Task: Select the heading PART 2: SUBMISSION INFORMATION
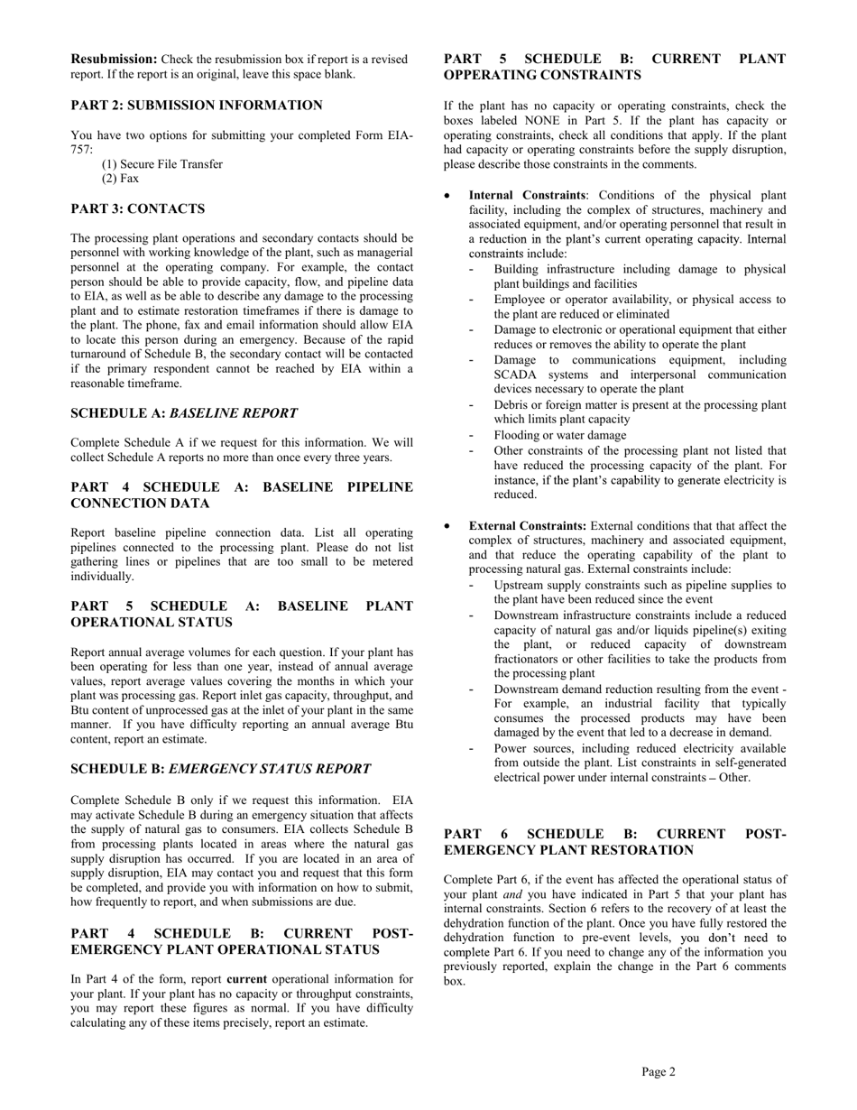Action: coord(197,106)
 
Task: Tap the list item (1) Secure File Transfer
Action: coord(162,164)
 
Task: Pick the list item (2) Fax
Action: coord(121,179)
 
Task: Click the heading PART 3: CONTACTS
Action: coord(138,208)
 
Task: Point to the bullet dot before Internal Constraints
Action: coord(448,195)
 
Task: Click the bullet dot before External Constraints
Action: coord(448,525)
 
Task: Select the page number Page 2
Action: coord(659,1072)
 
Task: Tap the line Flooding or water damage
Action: coord(560,435)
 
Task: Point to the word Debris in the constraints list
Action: coord(512,405)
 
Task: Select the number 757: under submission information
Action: coord(82,150)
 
